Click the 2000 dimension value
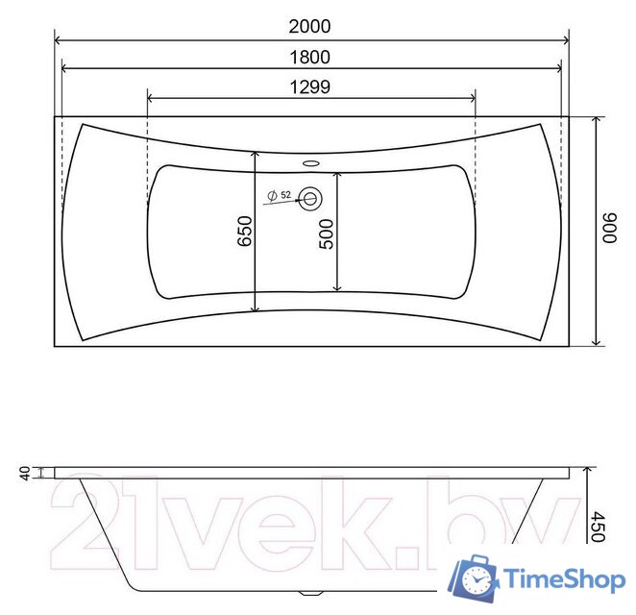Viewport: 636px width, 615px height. [x=309, y=27]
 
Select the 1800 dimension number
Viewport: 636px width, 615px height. [x=309, y=57]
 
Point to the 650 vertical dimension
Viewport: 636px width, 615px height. [x=244, y=233]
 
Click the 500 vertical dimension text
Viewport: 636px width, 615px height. [x=327, y=234]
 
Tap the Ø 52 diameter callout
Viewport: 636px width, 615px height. [x=280, y=195]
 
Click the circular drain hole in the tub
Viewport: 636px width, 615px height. [x=310, y=200]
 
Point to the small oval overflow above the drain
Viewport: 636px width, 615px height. [x=309, y=162]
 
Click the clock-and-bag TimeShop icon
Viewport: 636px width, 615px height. [x=477, y=578]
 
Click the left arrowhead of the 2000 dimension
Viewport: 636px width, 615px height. [x=58, y=39]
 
